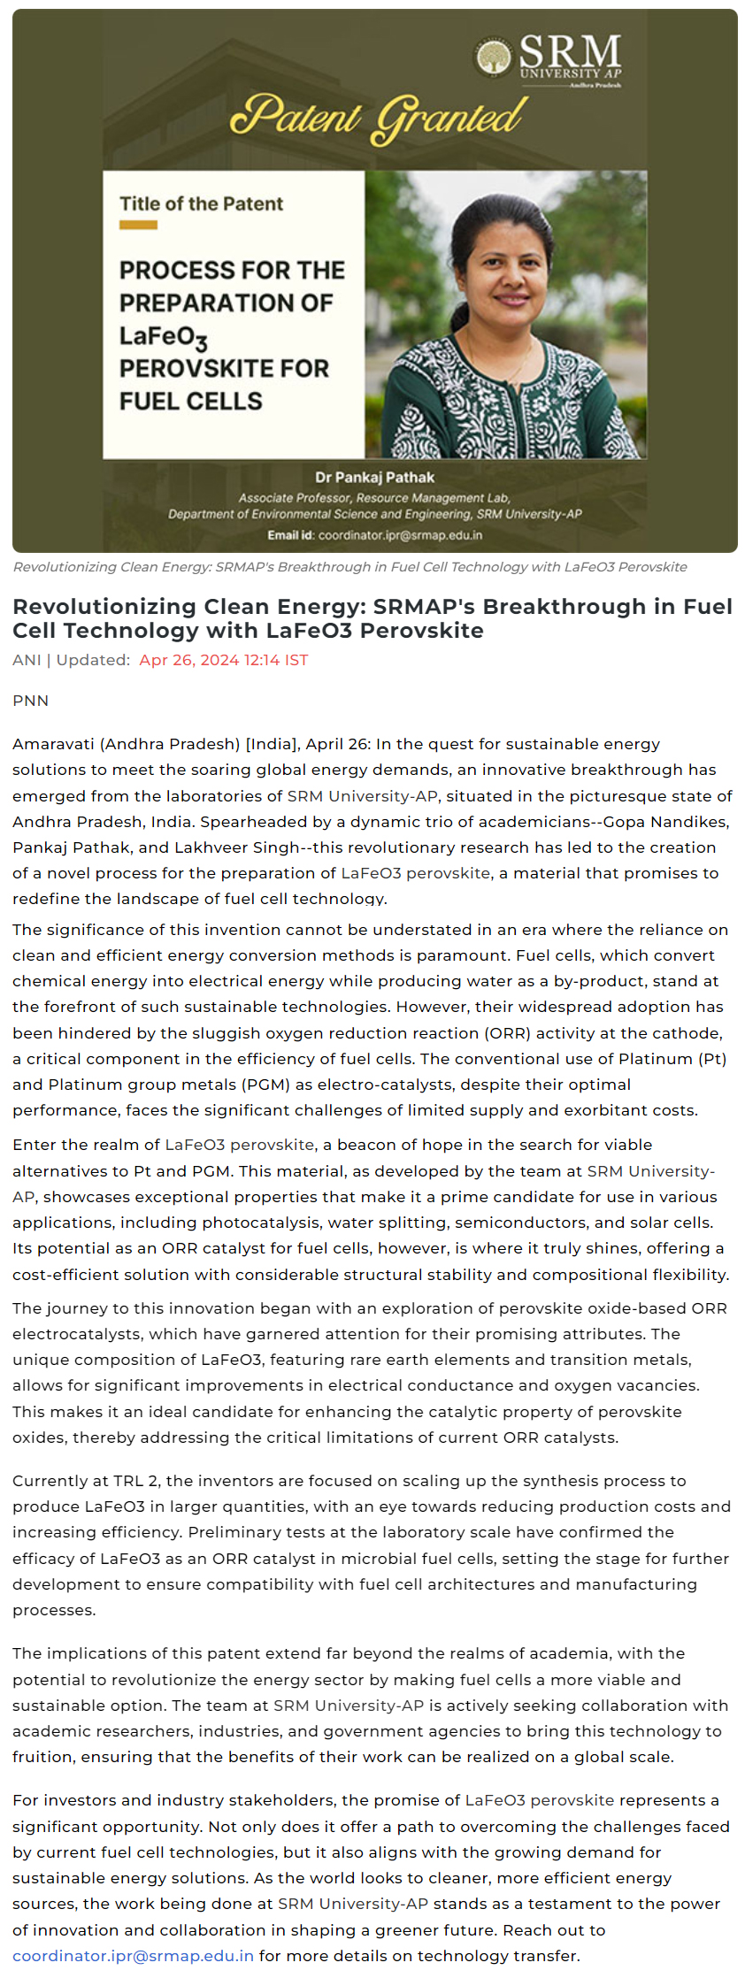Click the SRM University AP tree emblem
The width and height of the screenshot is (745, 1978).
pos(494,58)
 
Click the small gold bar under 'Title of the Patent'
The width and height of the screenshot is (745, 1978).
pos(138,226)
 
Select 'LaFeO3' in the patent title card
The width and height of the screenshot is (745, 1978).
pos(164,337)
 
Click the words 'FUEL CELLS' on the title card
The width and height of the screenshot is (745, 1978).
pos(191,402)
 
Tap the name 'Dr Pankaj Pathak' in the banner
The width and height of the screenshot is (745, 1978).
pos(374,478)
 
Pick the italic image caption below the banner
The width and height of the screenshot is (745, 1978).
pos(349,567)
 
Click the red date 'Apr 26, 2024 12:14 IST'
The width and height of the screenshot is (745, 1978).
pos(223,660)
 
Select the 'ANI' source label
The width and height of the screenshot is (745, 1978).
pos(27,660)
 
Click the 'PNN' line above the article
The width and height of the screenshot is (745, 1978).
pos(31,701)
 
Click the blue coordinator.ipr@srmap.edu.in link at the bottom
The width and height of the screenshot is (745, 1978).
pos(134,1956)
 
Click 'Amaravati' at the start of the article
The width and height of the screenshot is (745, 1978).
pos(53,744)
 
